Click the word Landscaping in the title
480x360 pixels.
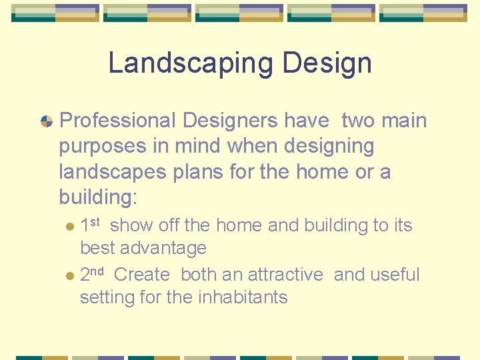click(x=191, y=63)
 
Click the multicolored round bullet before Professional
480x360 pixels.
click(x=47, y=121)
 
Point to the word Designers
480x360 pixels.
click(x=223, y=121)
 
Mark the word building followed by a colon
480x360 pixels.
click(x=98, y=197)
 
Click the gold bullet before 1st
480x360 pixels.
click(x=71, y=227)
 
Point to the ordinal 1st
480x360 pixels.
click(x=89, y=225)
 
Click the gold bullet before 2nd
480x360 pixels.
click(x=71, y=276)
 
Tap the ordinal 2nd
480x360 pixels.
click(x=91, y=274)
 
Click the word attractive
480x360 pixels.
click(x=285, y=275)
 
